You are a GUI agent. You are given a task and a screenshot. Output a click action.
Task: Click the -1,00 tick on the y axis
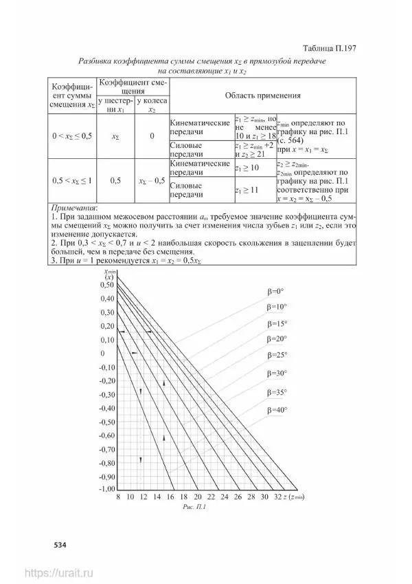tap(106, 488)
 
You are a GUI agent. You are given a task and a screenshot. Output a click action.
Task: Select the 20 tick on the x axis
tap(198, 497)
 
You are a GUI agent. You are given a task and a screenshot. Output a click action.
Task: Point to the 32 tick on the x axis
tap(277, 497)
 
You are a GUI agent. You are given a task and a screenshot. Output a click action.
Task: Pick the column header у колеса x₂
tap(151, 105)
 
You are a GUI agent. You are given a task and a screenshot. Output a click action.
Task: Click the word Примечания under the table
tap(75, 206)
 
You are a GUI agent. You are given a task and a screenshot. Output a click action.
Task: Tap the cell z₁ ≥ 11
tap(247, 188)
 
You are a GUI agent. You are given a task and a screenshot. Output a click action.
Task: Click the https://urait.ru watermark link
tap(58, 572)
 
